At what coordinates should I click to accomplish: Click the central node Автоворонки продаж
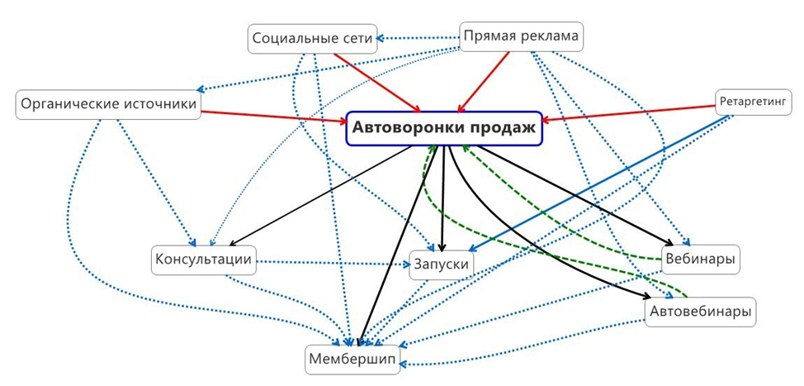click(x=444, y=128)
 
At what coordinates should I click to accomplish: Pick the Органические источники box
click(x=108, y=104)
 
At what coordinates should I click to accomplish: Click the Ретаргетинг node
click(x=754, y=102)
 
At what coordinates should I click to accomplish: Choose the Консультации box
click(x=203, y=260)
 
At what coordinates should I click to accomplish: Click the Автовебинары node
click(x=700, y=312)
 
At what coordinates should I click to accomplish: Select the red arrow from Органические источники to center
click(x=272, y=117)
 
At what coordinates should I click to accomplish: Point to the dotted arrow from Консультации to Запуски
click(x=330, y=264)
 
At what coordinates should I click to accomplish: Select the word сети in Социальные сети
click(x=359, y=38)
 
